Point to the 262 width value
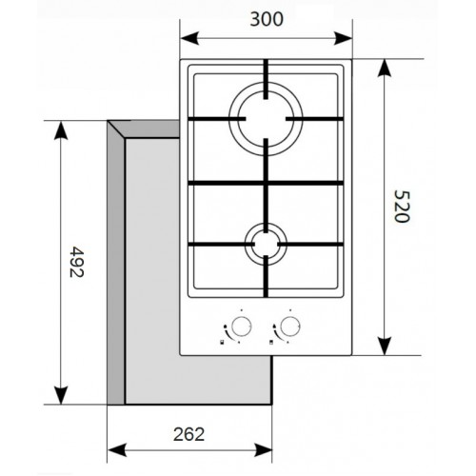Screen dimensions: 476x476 coord(189,433)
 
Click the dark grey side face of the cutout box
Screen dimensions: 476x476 coord(116,267)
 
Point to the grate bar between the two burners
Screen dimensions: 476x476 coord(264,182)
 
